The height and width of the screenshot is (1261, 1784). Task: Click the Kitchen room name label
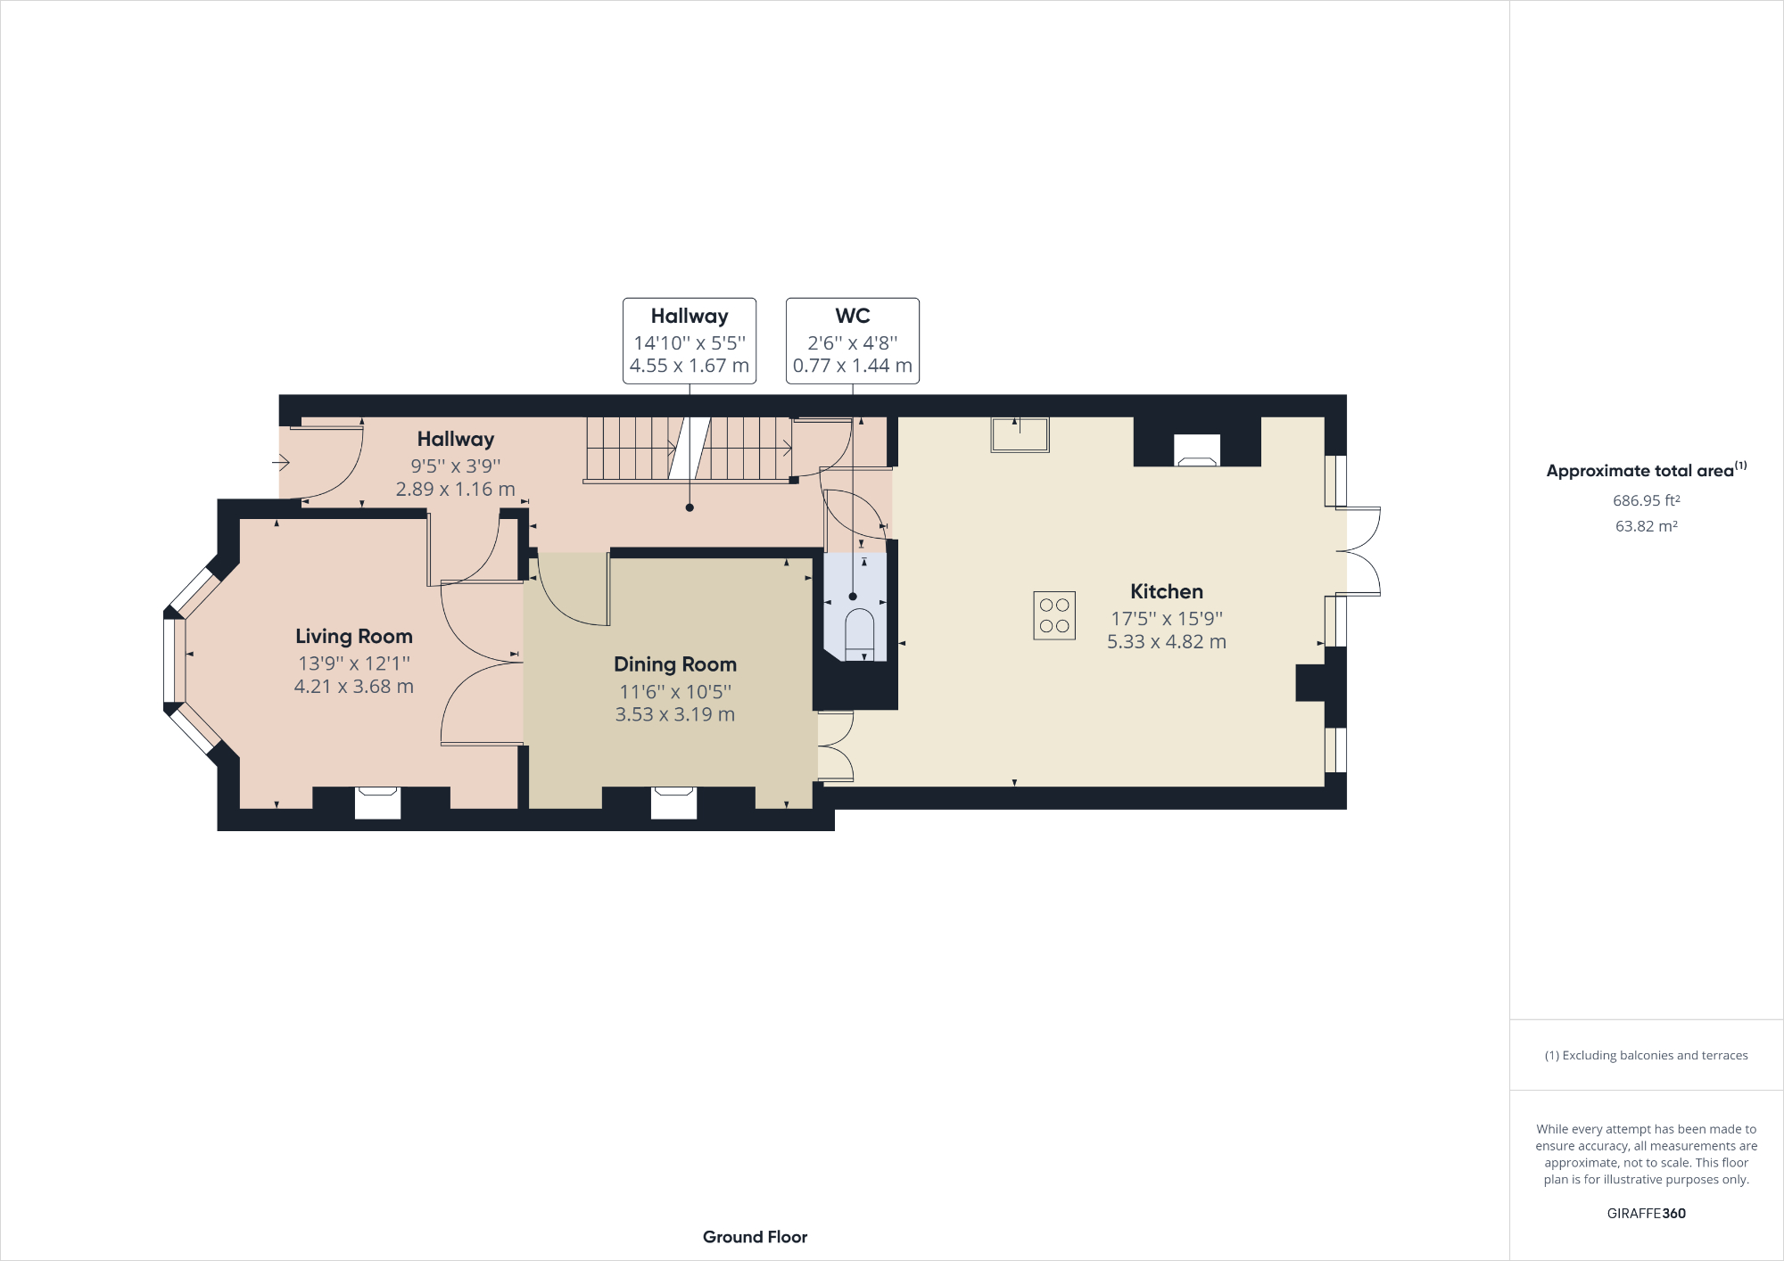point(1166,591)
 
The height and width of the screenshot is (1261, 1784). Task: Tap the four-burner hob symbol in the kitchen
point(1054,615)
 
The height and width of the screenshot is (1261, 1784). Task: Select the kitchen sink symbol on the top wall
point(1020,435)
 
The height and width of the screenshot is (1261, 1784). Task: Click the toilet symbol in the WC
point(860,633)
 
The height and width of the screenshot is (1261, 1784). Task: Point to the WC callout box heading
point(852,316)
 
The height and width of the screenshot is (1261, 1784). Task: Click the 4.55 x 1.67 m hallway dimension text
point(689,366)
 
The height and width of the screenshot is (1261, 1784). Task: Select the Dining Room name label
point(674,664)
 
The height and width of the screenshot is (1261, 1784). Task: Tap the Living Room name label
point(353,636)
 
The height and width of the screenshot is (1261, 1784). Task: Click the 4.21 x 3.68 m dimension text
point(353,687)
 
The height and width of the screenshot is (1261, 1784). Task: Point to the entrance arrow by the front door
point(281,462)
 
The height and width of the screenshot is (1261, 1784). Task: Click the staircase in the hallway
point(688,449)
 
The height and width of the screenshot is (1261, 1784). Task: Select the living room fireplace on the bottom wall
point(377,802)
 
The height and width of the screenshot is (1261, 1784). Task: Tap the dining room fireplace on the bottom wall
point(673,802)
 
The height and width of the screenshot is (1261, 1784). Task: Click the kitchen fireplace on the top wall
point(1196,451)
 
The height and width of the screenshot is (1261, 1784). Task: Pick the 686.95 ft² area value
point(1646,500)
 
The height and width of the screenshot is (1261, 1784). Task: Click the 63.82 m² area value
point(1646,526)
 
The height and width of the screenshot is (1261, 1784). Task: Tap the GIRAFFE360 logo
point(1646,1213)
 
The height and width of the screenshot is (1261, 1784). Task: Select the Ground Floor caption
point(755,1237)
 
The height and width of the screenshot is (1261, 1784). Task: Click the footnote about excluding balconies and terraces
point(1646,1055)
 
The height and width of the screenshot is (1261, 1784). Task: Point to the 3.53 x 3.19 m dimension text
point(674,714)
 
